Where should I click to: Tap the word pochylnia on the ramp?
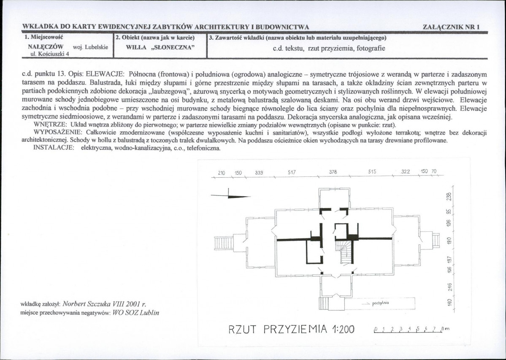pos(381,303)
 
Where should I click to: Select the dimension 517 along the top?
pos(291,172)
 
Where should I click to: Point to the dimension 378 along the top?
pos(333,172)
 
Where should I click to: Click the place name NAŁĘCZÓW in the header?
pos(46,47)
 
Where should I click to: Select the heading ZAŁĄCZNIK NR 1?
pos(451,27)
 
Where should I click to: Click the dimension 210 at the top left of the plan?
pos(222,173)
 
